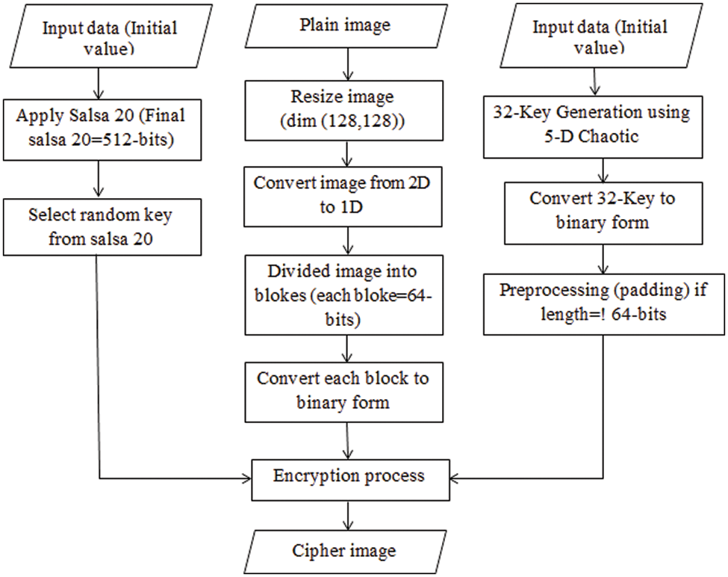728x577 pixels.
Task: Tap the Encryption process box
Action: click(x=349, y=476)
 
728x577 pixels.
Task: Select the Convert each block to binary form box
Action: click(x=343, y=389)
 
